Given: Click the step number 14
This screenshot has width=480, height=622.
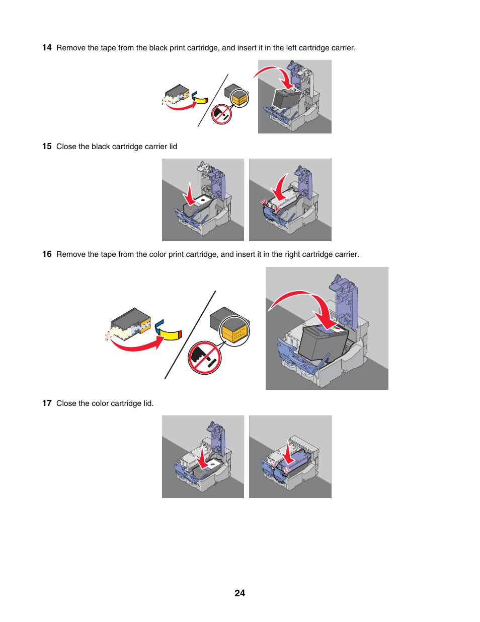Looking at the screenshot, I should (47, 48).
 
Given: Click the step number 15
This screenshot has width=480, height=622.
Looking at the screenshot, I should (47, 147).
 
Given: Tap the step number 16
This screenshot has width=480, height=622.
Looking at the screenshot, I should (47, 254).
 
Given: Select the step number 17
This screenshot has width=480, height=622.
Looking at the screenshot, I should (47, 403).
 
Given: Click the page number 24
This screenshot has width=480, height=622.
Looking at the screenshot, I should (240, 593).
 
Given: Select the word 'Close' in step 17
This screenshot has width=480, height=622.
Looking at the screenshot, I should (66, 403).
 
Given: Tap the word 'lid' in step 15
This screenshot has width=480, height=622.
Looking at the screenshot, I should (173, 147).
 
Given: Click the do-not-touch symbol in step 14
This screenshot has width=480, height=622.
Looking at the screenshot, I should (221, 114).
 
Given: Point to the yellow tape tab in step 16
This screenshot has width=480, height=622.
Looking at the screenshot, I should (171, 334).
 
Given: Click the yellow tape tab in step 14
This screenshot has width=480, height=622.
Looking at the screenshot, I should (202, 100).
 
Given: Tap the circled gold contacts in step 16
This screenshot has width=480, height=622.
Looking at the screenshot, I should (235, 331).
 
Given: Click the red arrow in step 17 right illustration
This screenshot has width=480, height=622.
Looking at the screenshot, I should (288, 453).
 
